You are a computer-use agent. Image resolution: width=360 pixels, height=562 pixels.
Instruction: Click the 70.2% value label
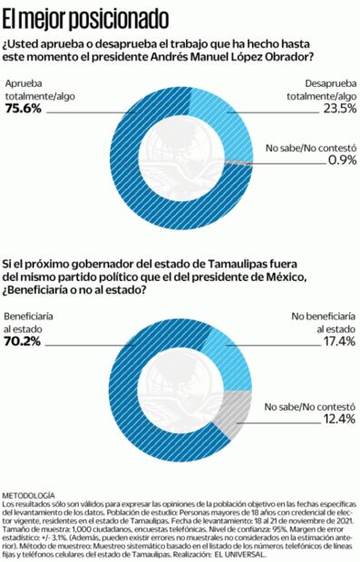click(x=24, y=343)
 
